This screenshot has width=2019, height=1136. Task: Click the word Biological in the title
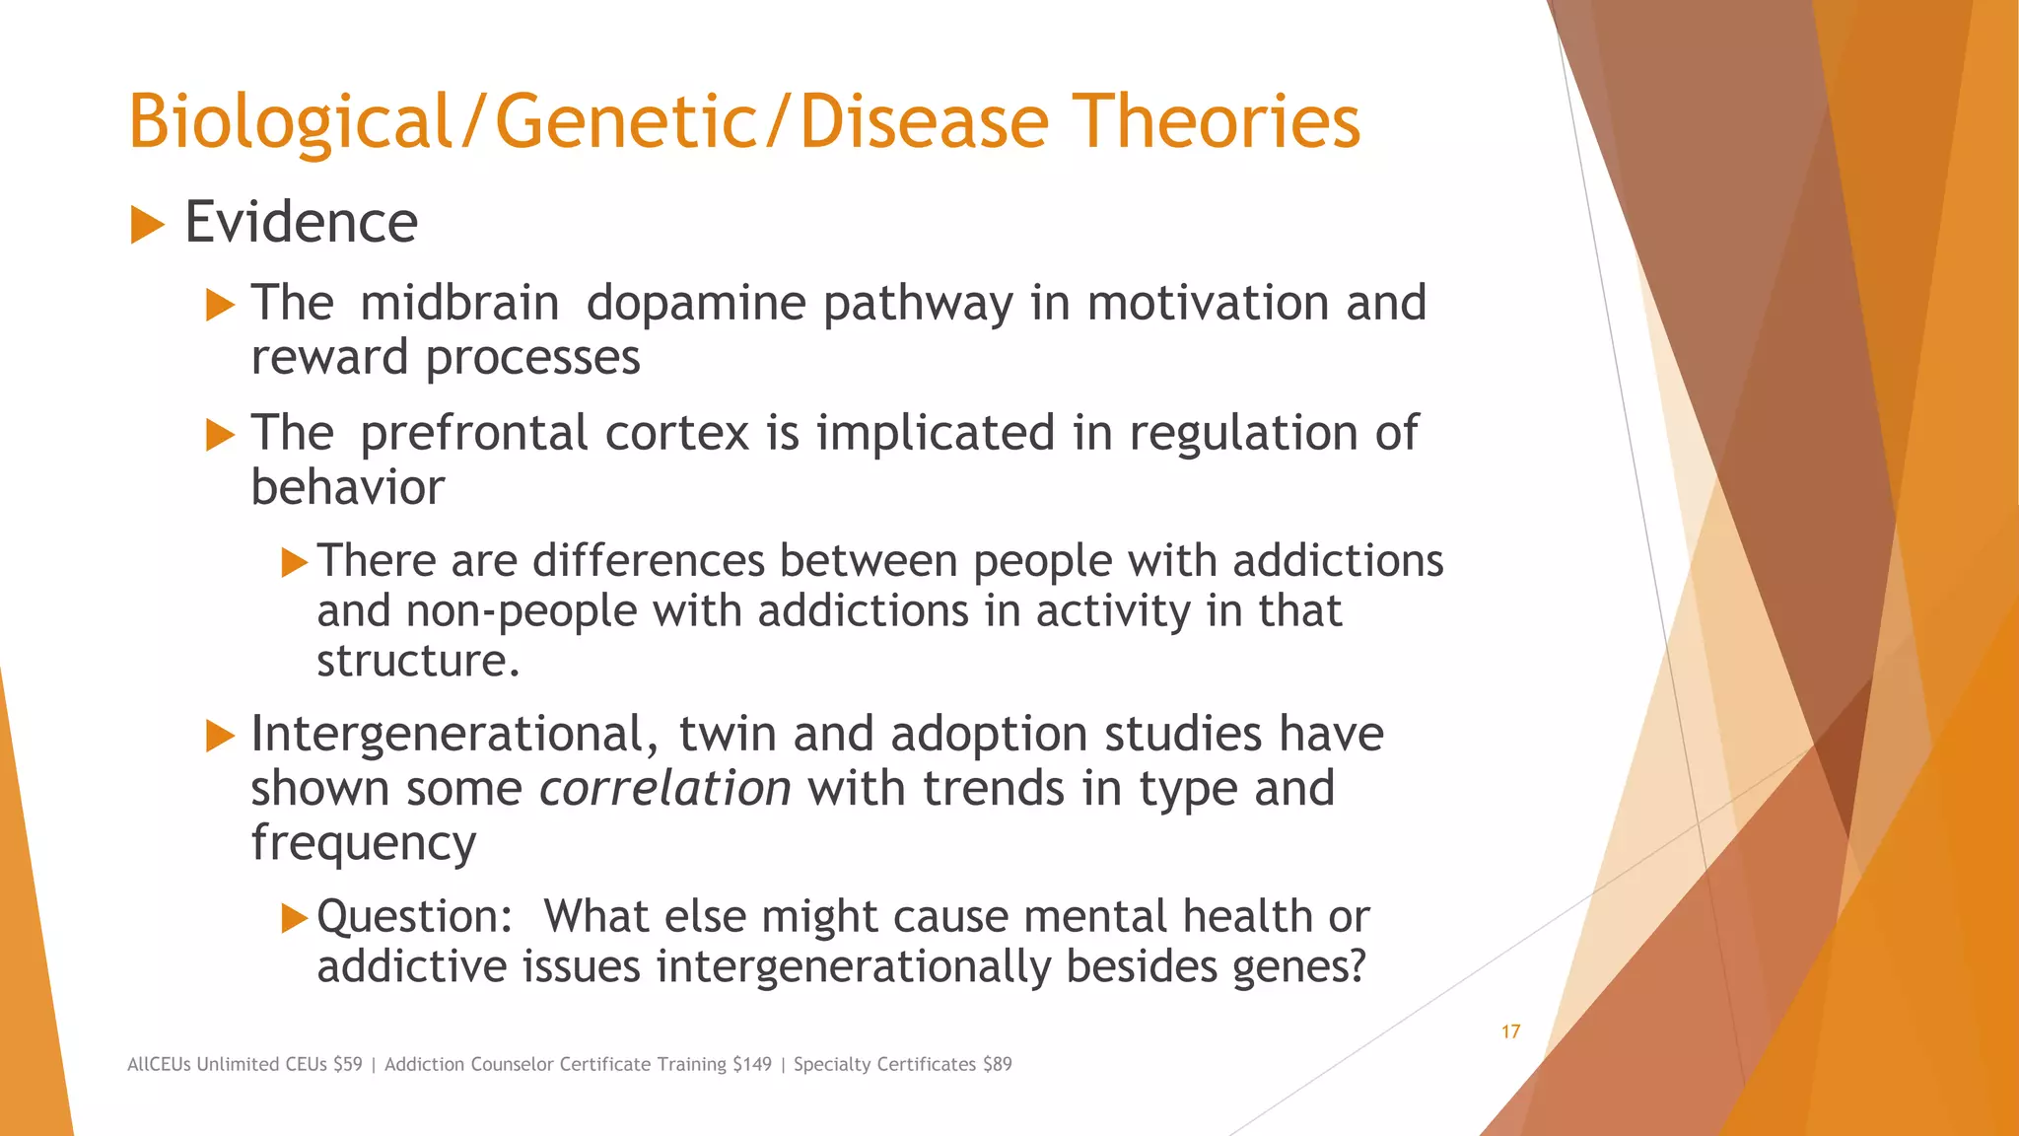click(x=289, y=122)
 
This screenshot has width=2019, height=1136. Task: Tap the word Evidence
click(x=301, y=223)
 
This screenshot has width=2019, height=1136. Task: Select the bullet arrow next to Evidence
click(x=147, y=226)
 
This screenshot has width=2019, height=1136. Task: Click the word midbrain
click(x=459, y=303)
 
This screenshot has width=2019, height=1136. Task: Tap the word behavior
click(x=347, y=487)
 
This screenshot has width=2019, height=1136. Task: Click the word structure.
click(x=417, y=661)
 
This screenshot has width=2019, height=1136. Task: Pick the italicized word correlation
click(x=664, y=788)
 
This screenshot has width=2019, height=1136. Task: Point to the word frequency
click(x=363, y=843)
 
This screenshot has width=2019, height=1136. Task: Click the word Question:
click(x=414, y=917)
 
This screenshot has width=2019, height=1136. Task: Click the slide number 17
click(x=1510, y=1032)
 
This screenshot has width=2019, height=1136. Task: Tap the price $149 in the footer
click(x=752, y=1065)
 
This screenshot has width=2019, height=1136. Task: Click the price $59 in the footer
click(x=347, y=1065)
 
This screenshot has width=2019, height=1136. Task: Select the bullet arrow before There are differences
click(x=294, y=563)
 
